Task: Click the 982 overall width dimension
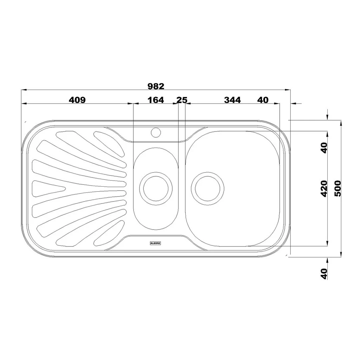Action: (156, 86)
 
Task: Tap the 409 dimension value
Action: (77, 100)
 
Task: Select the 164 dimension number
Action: (156, 100)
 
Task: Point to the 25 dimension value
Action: (182, 100)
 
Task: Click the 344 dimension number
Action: (232, 100)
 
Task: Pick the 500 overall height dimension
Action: (338, 188)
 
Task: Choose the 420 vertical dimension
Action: (324, 188)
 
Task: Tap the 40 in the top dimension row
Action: (263, 100)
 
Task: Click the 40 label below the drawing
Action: (324, 274)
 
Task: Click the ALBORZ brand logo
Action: (155, 243)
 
